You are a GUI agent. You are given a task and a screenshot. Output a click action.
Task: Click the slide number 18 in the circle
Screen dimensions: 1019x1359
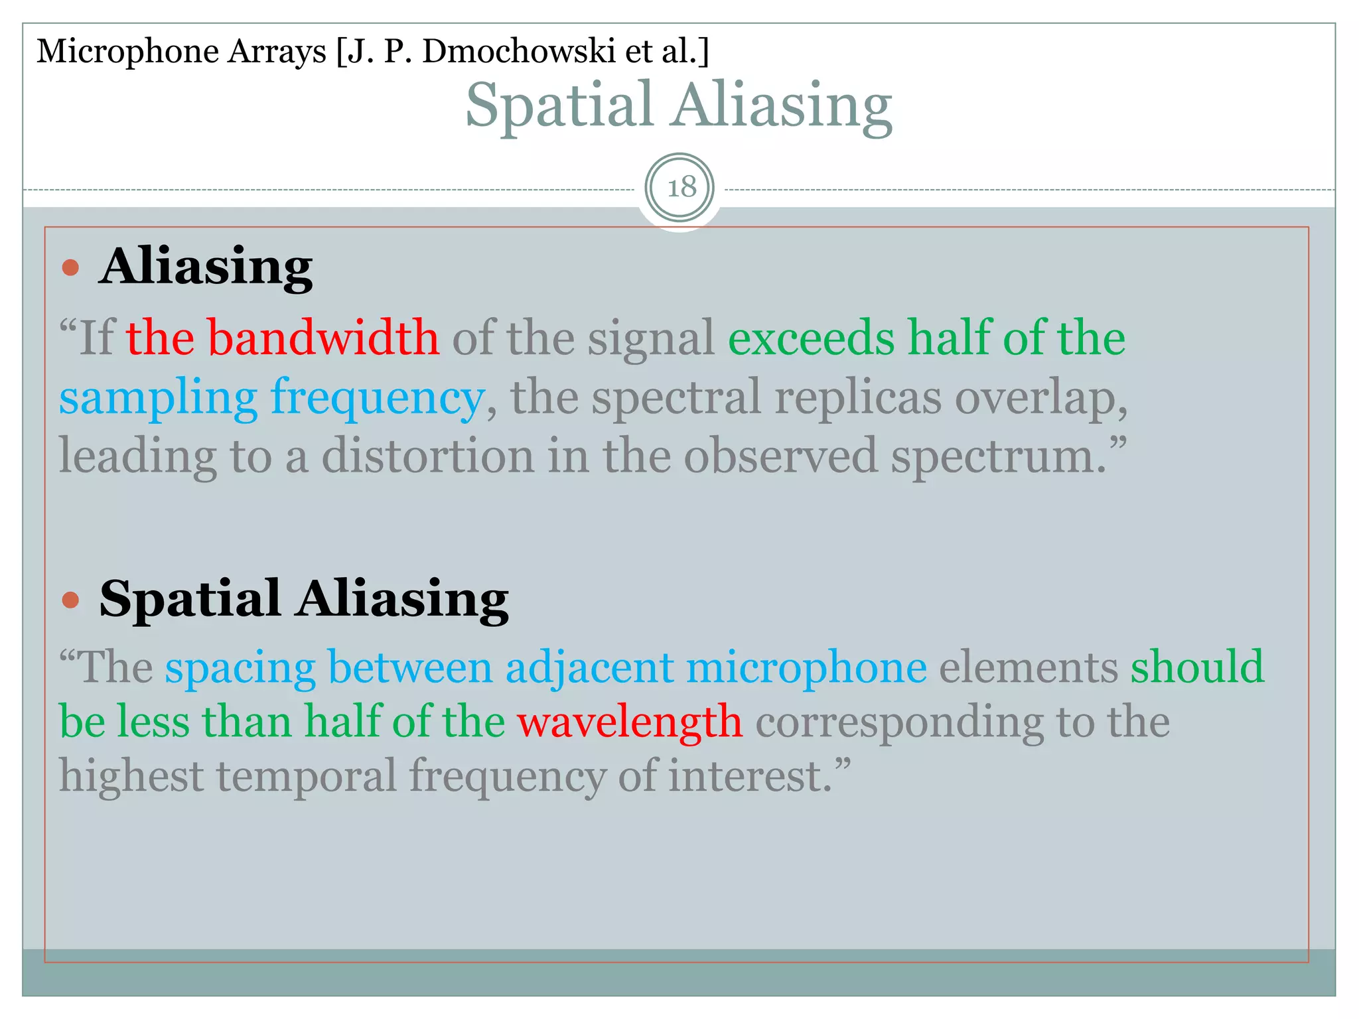point(680,188)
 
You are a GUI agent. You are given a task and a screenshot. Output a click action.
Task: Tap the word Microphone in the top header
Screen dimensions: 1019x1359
point(127,51)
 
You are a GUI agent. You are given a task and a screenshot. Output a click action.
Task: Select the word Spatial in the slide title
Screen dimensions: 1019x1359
point(559,106)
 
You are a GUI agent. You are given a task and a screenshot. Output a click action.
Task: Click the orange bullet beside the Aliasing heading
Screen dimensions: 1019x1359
point(70,268)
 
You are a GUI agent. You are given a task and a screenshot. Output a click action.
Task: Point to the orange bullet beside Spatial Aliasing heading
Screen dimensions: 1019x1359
point(70,600)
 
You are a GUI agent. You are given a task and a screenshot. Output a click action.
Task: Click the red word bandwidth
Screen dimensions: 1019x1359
point(323,338)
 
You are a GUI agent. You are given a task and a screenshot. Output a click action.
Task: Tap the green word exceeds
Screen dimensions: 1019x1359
point(811,338)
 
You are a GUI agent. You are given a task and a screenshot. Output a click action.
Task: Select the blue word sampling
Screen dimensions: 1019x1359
point(158,398)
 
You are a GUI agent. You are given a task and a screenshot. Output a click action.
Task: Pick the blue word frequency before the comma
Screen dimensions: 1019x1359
point(377,398)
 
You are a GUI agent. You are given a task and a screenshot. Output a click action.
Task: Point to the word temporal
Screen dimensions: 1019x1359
point(306,776)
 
